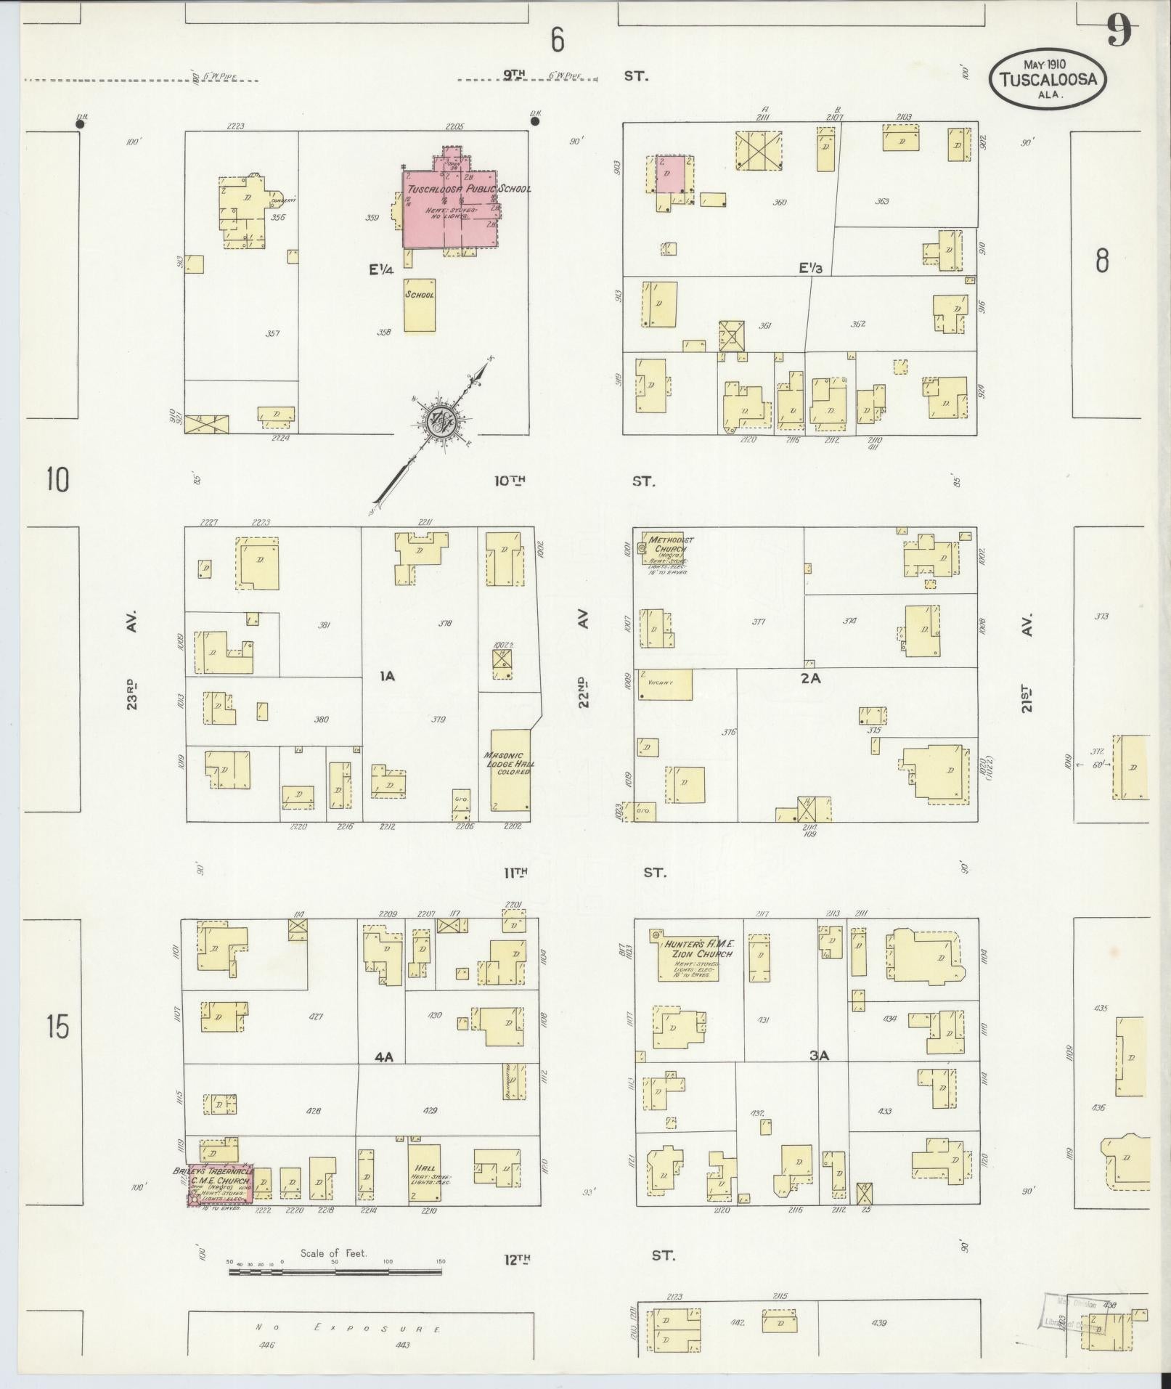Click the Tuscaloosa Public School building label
[x=468, y=189]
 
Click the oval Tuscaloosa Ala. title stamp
[x=1048, y=80]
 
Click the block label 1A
[x=387, y=676]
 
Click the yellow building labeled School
[x=420, y=304]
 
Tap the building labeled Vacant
[x=663, y=684]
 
